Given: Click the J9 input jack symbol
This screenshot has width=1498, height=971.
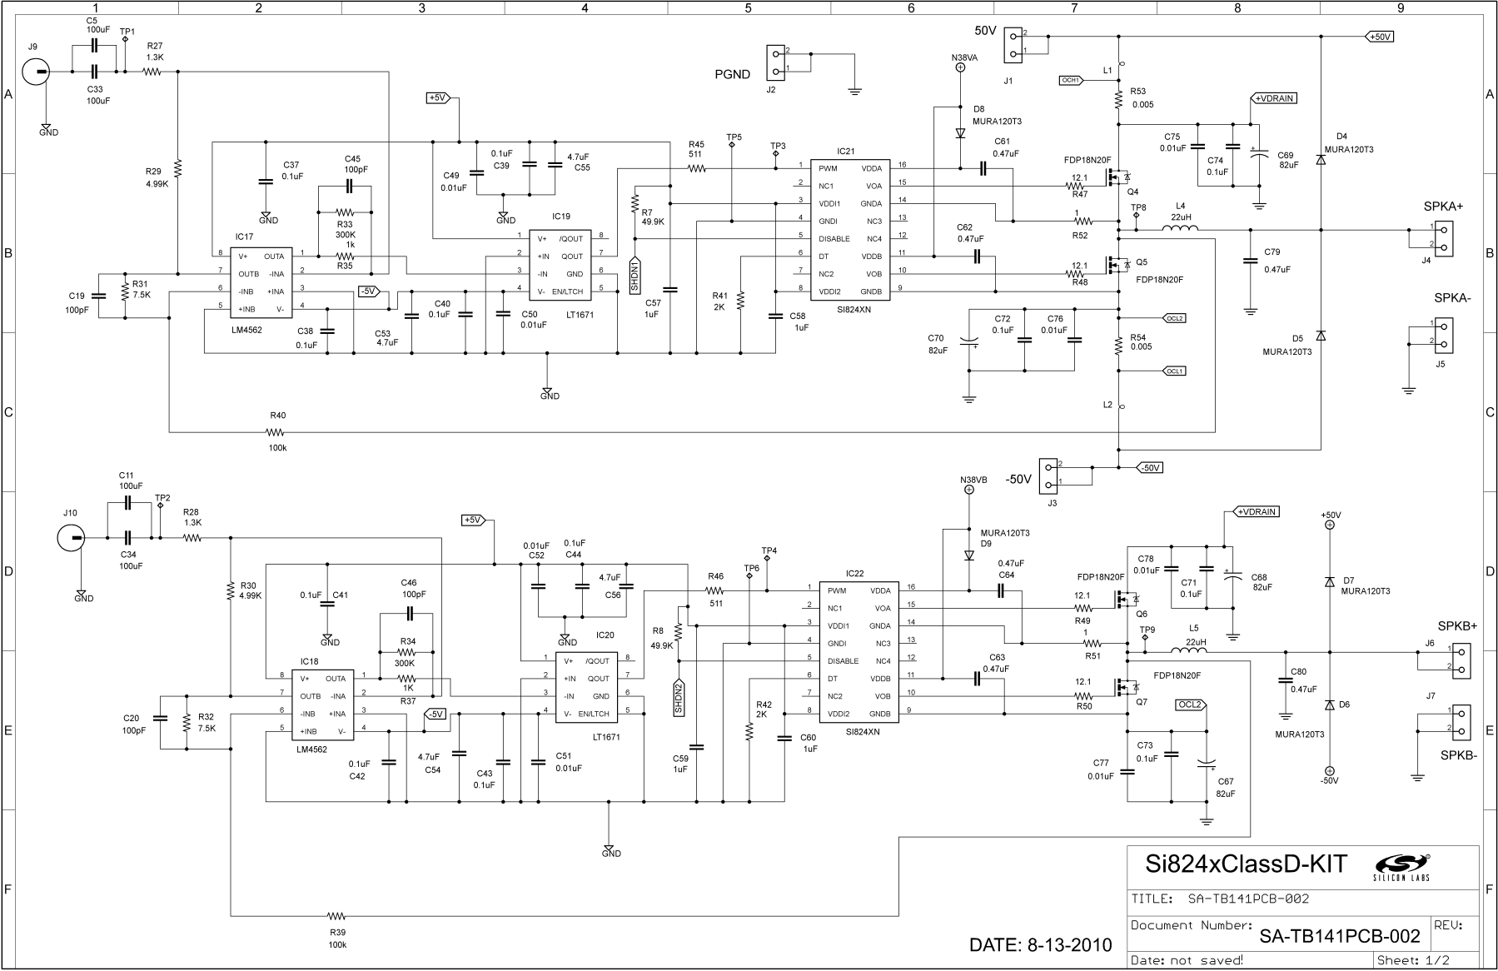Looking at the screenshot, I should pos(37,72).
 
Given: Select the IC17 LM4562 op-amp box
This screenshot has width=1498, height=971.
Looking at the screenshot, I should pos(261,282).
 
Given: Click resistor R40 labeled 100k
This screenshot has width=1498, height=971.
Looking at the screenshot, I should pos(276,432).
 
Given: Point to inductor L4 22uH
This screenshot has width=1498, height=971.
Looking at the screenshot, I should pos(1181,230).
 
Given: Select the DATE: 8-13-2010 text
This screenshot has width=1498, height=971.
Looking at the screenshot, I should pos(1040,945).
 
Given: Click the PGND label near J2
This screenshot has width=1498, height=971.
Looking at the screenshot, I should pos(732,74).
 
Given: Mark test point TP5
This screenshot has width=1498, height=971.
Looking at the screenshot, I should pos(732,145).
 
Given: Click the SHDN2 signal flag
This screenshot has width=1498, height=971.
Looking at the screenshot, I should pos(679,698).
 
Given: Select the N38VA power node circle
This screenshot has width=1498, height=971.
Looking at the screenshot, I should pos(959,70).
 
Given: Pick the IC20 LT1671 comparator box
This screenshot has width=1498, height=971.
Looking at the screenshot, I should pos(585,687).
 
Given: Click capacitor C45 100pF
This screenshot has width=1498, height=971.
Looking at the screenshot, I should pos(350,186).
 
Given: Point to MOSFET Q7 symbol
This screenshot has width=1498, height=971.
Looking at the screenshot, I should pos(1126,687).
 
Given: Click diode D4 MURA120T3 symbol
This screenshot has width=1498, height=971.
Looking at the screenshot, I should pos(1320,158).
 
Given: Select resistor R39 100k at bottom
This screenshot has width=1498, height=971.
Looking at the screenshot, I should pos(336,915).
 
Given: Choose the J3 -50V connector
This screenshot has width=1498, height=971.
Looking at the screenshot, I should pos(1051,474).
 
